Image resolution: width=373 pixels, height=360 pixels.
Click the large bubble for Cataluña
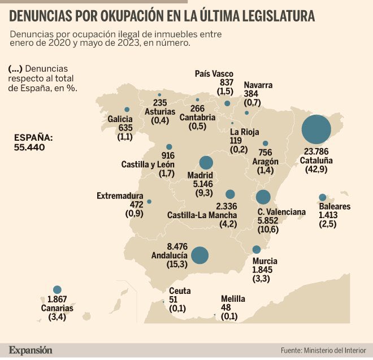pyautogui.click(x=316, y=129)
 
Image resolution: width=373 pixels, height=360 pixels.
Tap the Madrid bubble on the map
pyautogui.click(x=206, y=162)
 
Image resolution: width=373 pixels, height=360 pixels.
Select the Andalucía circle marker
pyautogui.click(x=199, y=255)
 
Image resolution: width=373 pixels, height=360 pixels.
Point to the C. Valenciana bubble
pyautogui.click(x=263, y=197)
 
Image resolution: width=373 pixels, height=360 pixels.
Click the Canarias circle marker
pyautogui.click(x=57, y=289)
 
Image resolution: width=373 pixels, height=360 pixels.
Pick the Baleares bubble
pyautogui.click(x=323, y=197)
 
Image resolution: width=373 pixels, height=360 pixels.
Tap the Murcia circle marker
pyautogui.click(x=257, y=249)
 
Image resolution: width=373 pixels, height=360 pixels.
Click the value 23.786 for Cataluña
pyautogui.click(x=316, y=151)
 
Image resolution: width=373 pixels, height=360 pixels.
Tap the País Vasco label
pyautogui.click(x=214, y=74)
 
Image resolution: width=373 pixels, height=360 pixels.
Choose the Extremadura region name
pyautogui.click(x=120, y=196)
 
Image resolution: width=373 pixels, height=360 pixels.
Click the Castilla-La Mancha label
pyautogui.click(x=202, y=215)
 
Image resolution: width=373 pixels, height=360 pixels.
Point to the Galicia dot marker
pyautogui.click(x=127, y=110)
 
